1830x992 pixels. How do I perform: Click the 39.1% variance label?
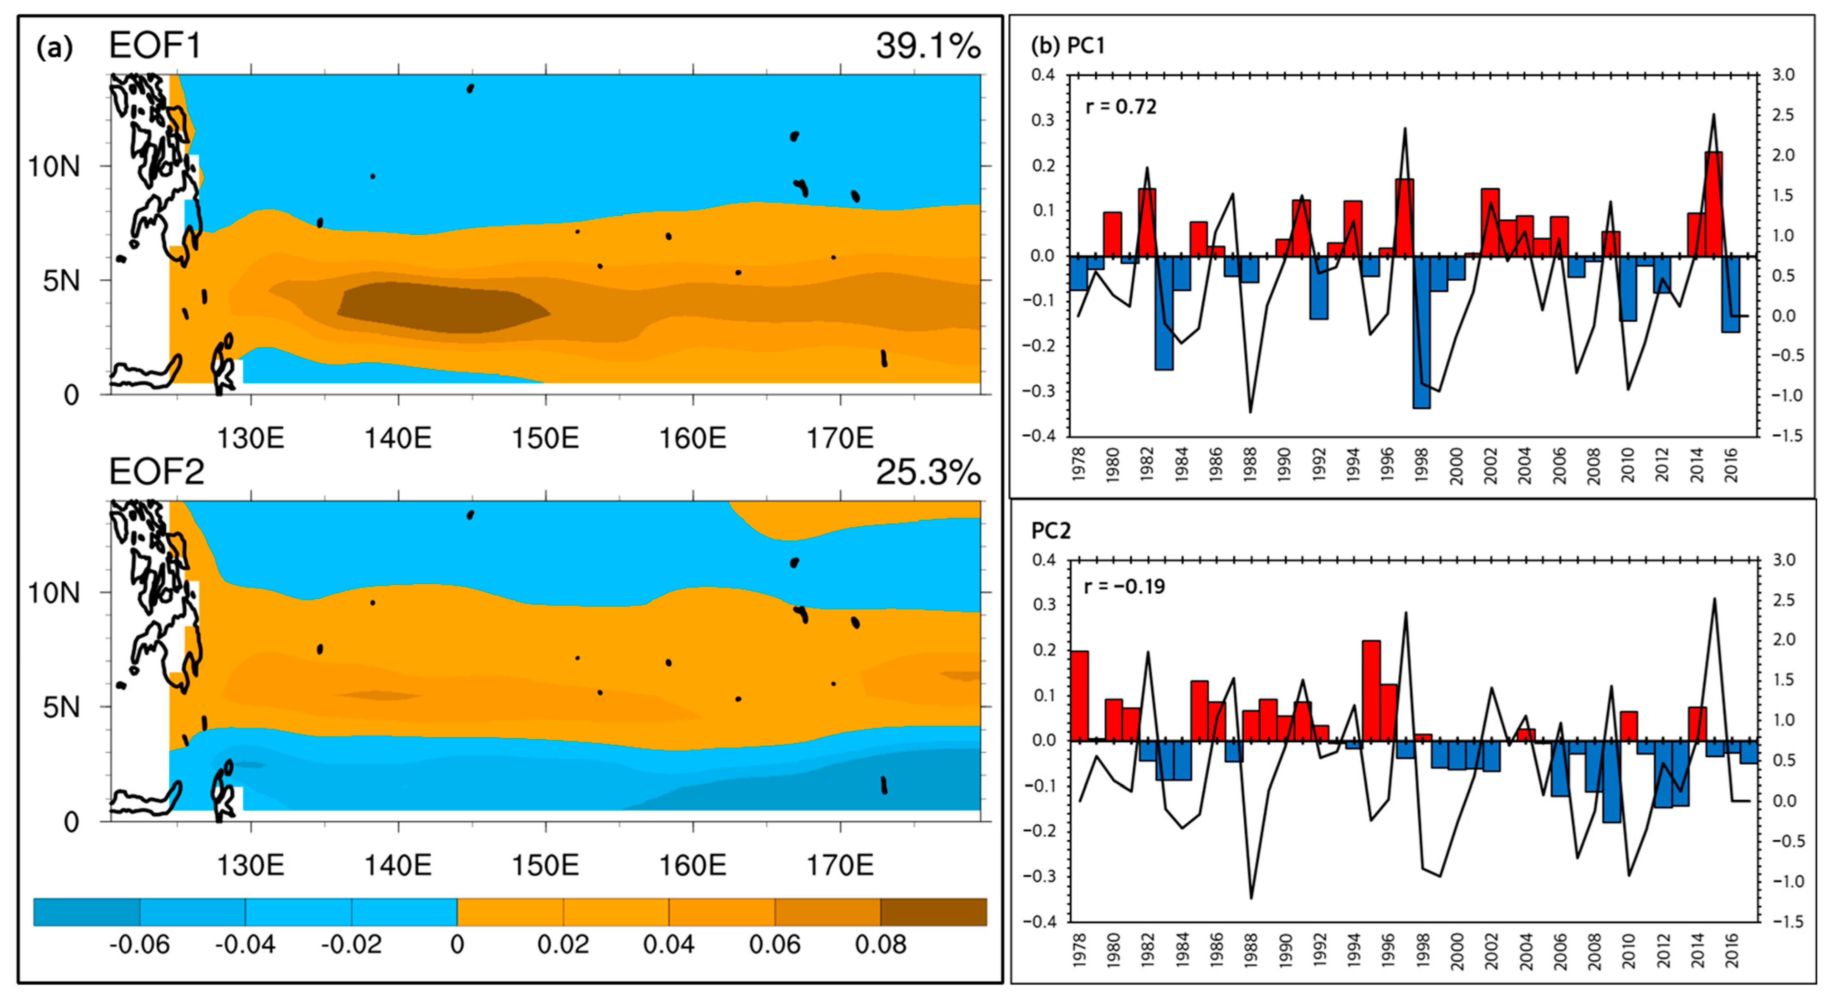click(x=927, y=47)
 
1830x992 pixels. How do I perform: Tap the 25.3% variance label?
click(x=927, y=472)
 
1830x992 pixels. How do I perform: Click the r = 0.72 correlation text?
click(x=1121, y=107)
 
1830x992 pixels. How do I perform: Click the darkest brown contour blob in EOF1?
click(x=440, y=307)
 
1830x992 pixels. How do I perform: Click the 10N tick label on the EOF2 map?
click(x=53, y=592)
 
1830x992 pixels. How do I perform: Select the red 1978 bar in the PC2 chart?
click(x=1078, y=696)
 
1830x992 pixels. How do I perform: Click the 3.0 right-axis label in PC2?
click(x=1784, y=560)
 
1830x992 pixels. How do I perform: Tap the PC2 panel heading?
click(x=1050, y=531)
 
